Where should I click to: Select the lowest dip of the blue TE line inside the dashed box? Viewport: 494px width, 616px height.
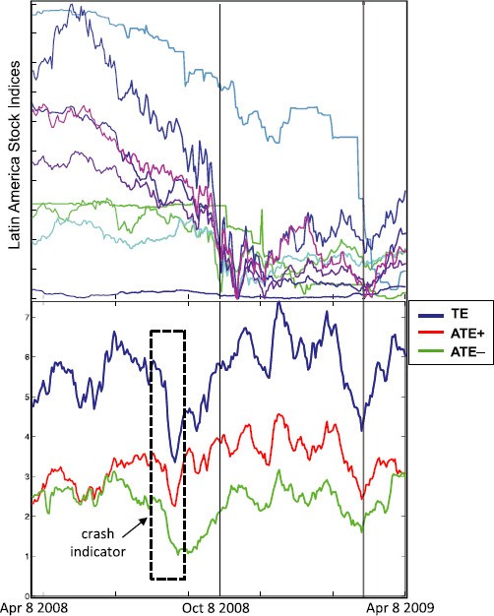(174, 460)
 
